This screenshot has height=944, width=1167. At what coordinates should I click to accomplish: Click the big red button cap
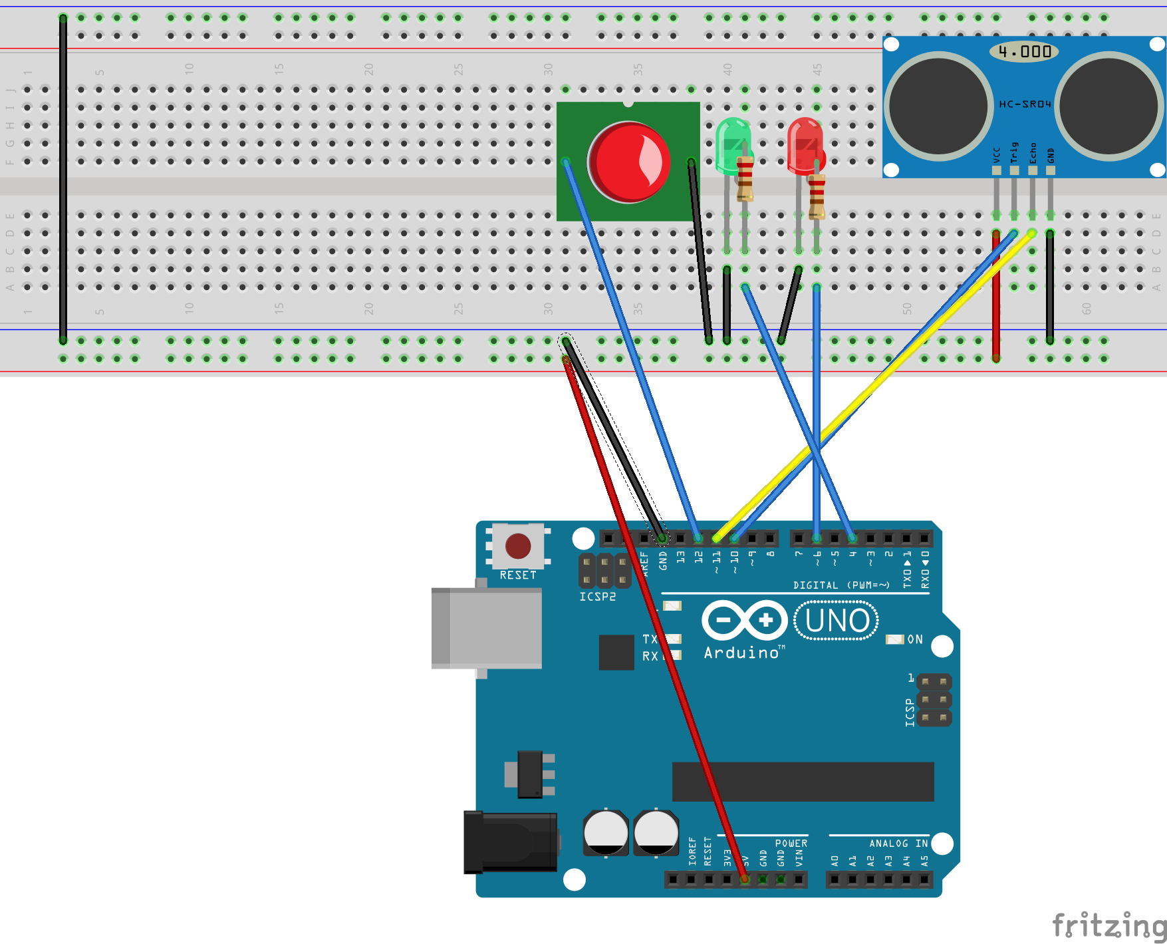pos(628,162)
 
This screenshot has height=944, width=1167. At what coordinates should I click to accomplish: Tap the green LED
pos(732,143)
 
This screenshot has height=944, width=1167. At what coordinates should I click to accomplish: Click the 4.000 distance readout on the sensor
pos(1024,51)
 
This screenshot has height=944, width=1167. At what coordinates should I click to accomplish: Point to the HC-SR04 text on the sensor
pos(1025,104)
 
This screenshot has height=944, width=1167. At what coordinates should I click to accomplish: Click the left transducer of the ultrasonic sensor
pos(938,106)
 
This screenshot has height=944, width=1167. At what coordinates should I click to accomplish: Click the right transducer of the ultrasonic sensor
pos(1108,106)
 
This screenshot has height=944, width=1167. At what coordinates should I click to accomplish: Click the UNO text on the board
pos(837,621)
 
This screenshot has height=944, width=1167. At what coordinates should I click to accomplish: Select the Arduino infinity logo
pos(744,621)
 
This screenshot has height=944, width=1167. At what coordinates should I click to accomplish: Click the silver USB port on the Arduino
pos(487,627)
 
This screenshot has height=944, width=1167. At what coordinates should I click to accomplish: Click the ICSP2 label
pos(597,597)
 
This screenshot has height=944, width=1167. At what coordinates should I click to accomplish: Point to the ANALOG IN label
pos(898,843)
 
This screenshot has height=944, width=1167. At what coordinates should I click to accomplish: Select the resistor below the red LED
pos(817,196)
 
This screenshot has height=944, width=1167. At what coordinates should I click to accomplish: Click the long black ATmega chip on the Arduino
pos(803,782)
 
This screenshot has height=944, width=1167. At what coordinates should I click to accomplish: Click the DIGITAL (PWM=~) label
pos(841,585)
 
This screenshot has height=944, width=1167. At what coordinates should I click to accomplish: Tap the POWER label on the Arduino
pos(791,843)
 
